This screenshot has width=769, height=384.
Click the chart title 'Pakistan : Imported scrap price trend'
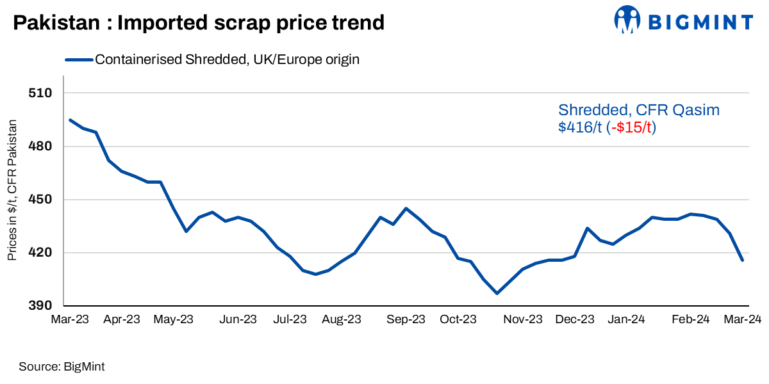point(199,22)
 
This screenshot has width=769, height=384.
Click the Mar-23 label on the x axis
point(70,319)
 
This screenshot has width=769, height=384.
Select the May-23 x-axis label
point(174,319)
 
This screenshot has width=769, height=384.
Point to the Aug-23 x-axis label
point(342,319)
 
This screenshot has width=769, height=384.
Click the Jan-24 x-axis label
point(626,319)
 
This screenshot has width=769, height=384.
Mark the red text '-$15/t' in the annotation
point(632,127)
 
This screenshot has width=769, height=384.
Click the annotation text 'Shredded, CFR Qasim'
point(639,110)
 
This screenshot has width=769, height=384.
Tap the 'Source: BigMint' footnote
point(62,367)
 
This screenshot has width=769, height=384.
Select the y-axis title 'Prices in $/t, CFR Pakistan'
point(12,189)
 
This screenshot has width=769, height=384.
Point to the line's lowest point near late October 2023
point(497,293)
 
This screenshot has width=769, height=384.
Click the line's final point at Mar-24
point(742,260)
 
